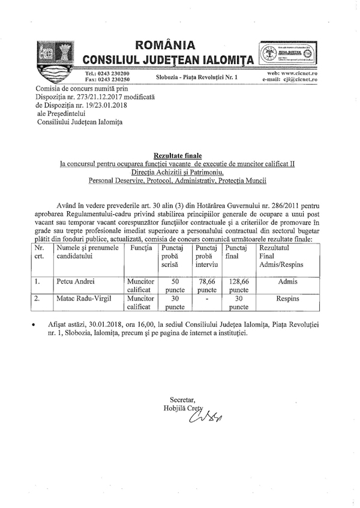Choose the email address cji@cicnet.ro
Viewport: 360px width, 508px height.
pyautogui.click(x=298, y=79)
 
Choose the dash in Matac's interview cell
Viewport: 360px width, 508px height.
pyautogui.click(x=206, y=297)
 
